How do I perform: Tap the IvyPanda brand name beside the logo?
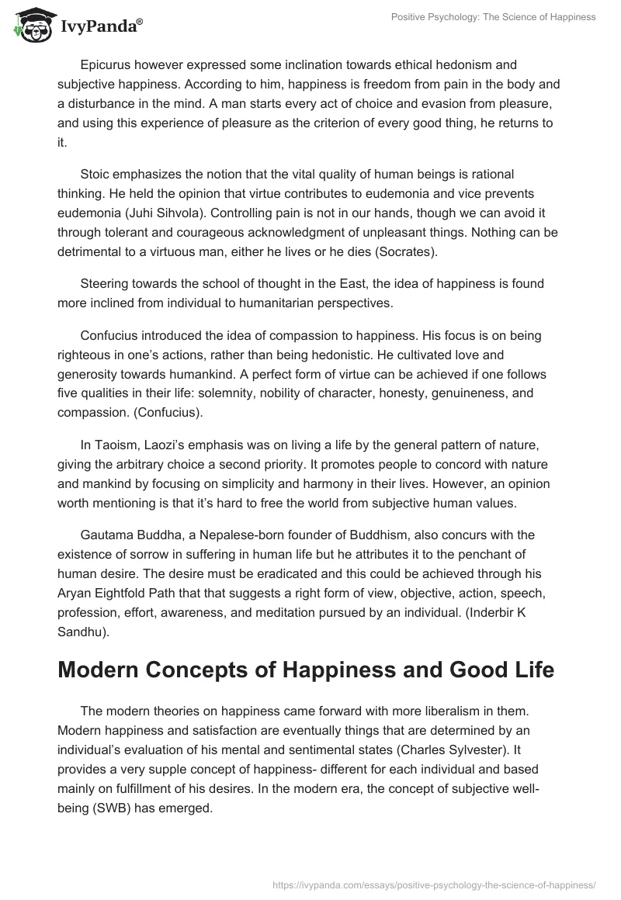point(101,26)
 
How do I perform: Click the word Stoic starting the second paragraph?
point(98,175)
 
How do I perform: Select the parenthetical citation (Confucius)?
point(169,413)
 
